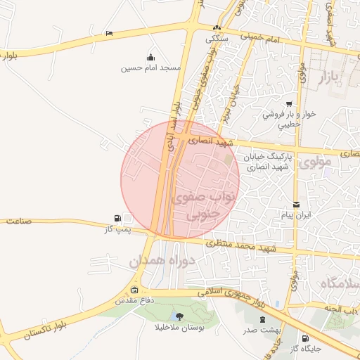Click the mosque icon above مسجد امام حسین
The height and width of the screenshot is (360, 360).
(150, 58)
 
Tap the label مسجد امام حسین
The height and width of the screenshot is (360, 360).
(151, 68)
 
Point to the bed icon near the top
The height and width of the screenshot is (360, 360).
(108, 33)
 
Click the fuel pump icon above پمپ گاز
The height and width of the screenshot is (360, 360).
(116, 219)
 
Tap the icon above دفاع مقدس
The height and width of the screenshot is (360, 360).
(134, 290)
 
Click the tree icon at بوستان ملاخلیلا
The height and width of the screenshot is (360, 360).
(179, 316)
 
